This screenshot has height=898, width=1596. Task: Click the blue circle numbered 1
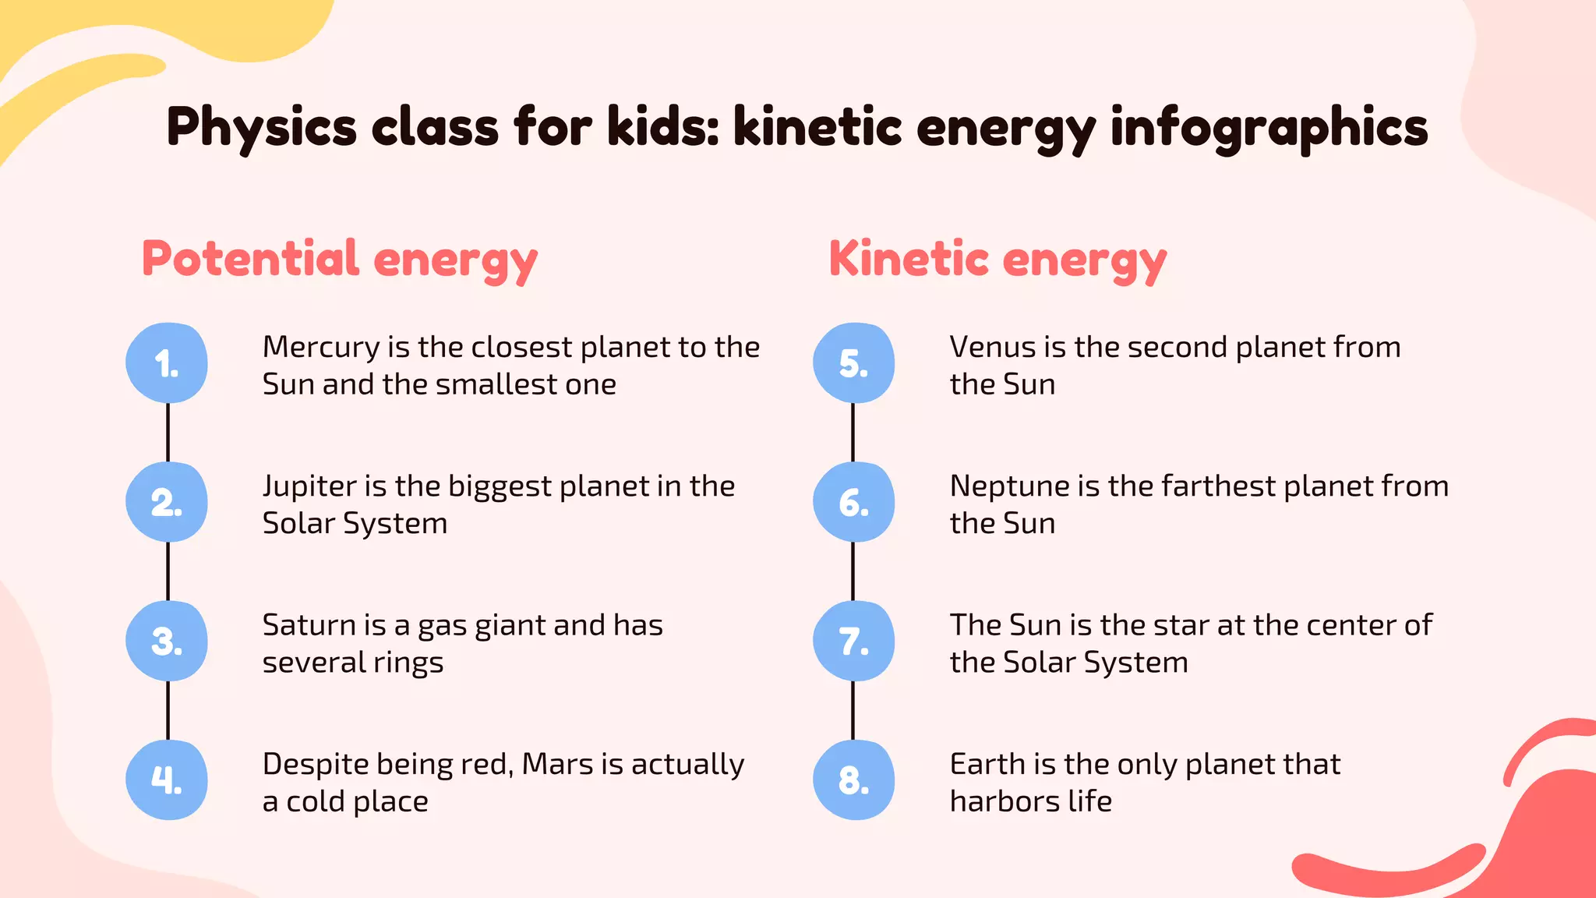[167, 363]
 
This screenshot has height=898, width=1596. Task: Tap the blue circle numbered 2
[167, 502]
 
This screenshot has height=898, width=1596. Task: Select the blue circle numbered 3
[167, 641]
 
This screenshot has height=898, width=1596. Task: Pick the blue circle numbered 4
[167, 780]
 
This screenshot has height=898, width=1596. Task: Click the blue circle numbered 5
[853, 363]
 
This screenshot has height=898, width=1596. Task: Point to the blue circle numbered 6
[853, 502]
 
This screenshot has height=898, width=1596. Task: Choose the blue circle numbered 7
[853, 641]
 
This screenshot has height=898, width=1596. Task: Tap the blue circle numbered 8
[853, 780]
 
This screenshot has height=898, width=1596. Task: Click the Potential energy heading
[340, 260]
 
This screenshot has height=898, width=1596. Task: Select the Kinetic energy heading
[997, 260]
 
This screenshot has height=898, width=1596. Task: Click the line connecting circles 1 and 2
[168, 433]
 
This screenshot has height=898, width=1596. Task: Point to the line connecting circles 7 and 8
[853, 710]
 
